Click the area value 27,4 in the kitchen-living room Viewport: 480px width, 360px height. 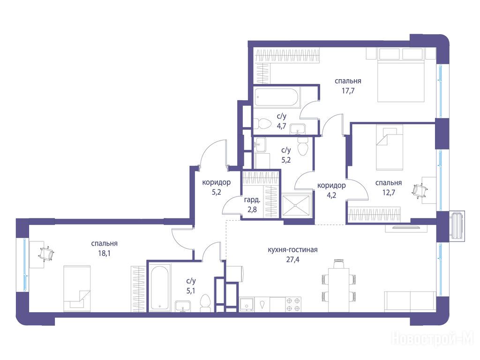coord(292,260)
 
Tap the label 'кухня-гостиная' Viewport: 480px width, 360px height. coord(292,250)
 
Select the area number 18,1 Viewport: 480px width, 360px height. coord(104,254)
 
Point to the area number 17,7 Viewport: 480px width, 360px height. coord(348,90)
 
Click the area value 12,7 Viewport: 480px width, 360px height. coord(389,193)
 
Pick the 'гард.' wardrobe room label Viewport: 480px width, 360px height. coord(252,201)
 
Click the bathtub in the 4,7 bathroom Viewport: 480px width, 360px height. coord(277,97)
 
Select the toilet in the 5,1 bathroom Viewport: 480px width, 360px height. coord(205,303)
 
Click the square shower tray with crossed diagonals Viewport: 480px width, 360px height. coord(296,206)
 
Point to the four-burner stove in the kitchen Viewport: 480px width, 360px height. coord(293,304)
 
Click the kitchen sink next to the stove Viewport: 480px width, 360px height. coord(247,304)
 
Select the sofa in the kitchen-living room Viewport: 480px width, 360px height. coord(410,301)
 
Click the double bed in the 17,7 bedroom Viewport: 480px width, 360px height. coord(401,81)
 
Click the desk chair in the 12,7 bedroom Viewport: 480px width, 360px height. coord(419,191)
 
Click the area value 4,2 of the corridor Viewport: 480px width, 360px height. coord(331,195)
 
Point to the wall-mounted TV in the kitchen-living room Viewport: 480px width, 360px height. coord(407,227)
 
